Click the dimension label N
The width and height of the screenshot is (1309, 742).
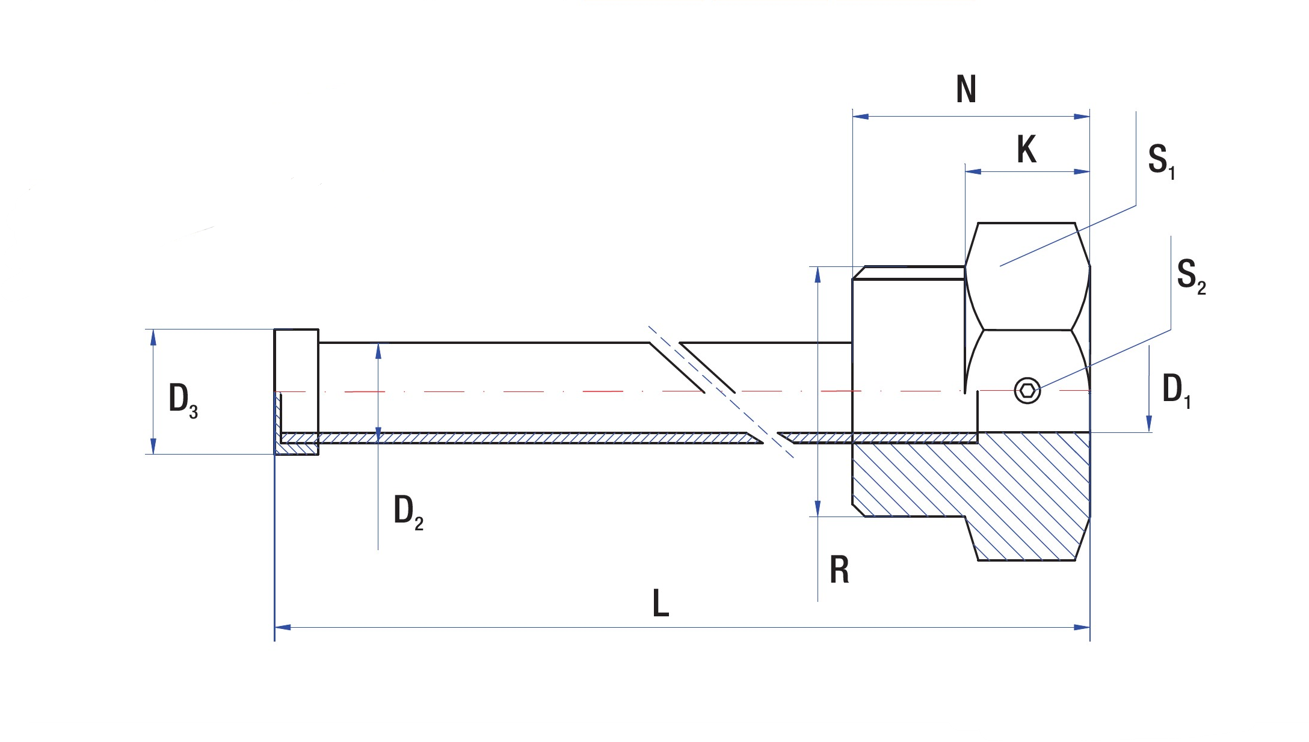[x=966, y=89]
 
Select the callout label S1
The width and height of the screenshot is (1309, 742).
[x=1160, y=161]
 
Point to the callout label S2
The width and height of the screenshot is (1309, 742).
[x=1190, y=276]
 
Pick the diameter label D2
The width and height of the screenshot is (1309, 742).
[x=408, y=512]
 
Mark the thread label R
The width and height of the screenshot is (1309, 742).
[x=839, y=570]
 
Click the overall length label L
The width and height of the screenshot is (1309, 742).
[x=661, y=603]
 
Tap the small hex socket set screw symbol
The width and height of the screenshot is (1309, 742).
[x=1027, y=390]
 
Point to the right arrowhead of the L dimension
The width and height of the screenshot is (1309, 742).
[x=1082, y=627]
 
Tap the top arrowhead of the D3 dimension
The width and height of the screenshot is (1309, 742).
[x=153, y=337]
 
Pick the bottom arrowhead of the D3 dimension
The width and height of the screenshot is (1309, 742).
[x=153, y=446]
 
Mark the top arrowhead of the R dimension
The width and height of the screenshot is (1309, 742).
[x=818, y=274]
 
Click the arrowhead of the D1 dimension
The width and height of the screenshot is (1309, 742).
[x=1149, y=424]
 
